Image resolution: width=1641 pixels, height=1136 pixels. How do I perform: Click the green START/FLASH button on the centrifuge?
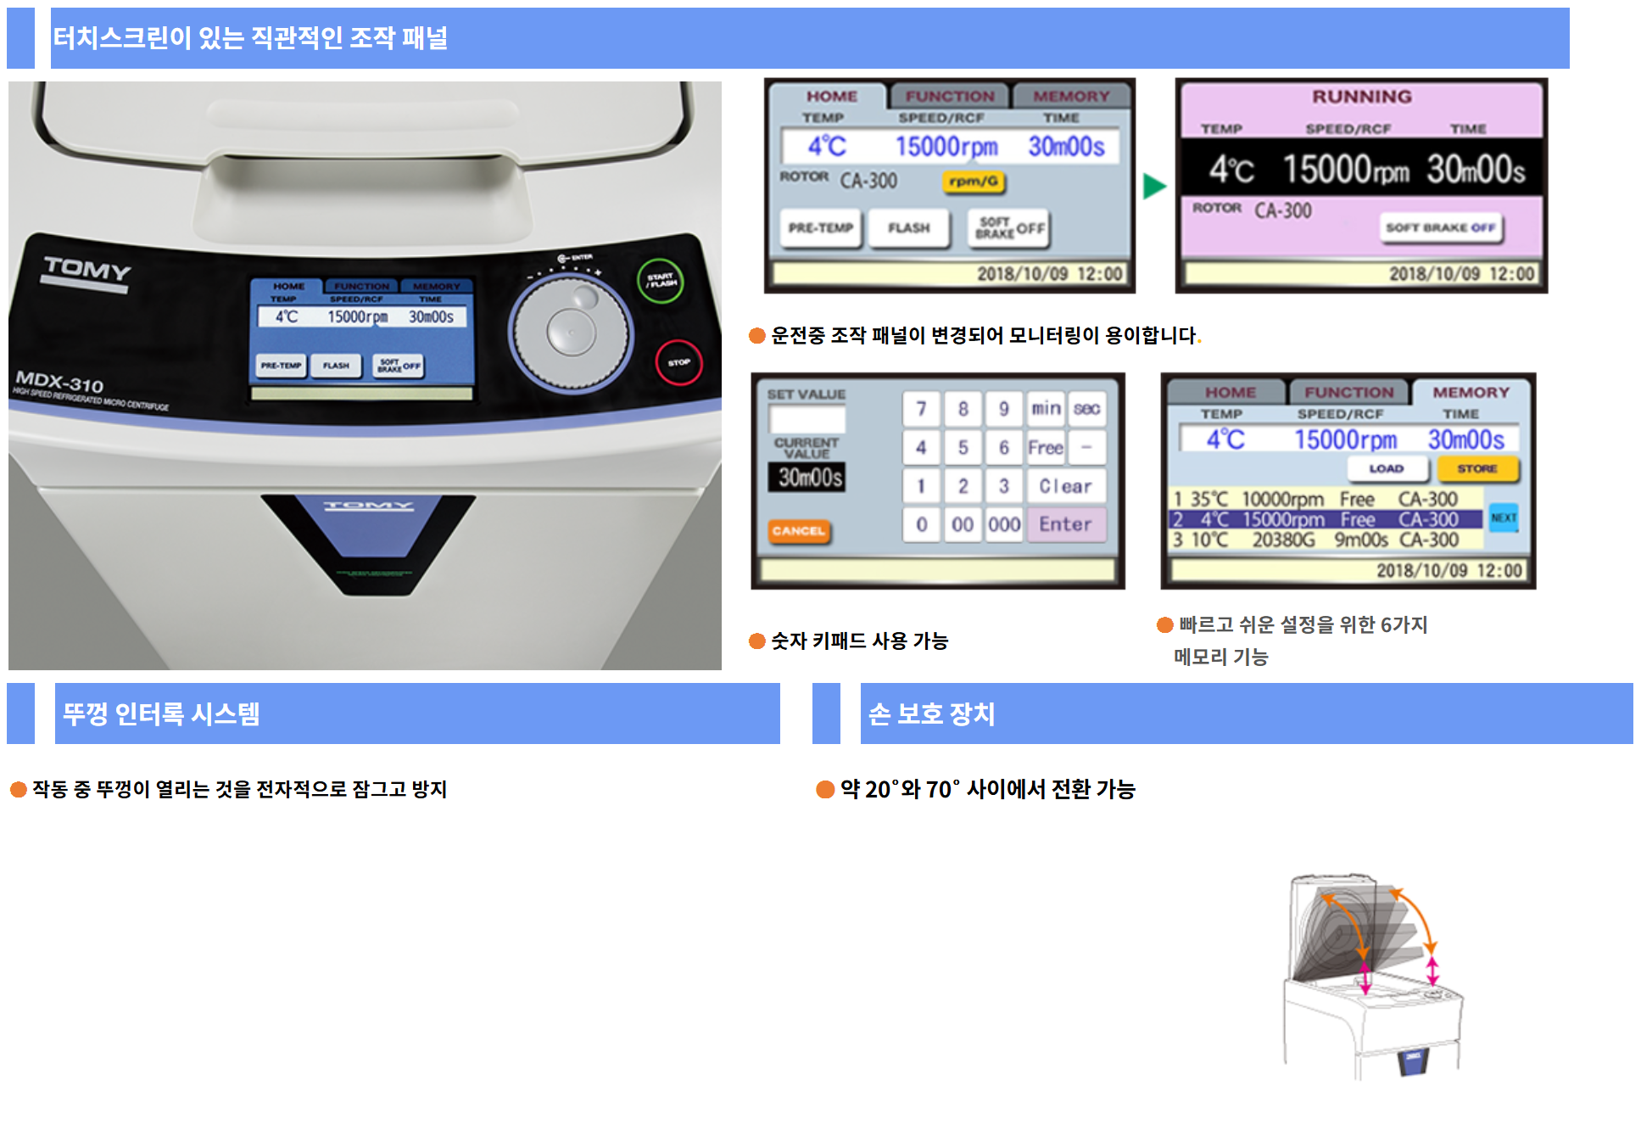[x=661, y=281]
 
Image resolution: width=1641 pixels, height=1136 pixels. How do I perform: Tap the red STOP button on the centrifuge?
[x=678, y=362]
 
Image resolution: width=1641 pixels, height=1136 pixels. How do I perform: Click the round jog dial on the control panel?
[x=571, y=333]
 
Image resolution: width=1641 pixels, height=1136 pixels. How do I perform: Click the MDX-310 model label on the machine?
[x=59, y=381]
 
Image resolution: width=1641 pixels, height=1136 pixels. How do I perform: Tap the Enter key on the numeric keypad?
[x=1065, y=524]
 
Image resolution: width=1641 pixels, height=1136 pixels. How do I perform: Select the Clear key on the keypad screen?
[x=1065, y=486]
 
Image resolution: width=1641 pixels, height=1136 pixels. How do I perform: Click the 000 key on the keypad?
[x=1004, y=524]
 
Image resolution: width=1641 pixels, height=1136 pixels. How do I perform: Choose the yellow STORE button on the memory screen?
[x=1476, y=468]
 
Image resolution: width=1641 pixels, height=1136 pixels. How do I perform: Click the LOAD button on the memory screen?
[x=1387, y=468]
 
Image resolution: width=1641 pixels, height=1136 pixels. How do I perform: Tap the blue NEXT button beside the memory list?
[x=1504, y=518]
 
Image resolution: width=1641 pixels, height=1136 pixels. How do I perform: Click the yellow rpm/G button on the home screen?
[x=973, y=181]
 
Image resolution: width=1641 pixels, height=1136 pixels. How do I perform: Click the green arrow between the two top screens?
[x=1153, y=186]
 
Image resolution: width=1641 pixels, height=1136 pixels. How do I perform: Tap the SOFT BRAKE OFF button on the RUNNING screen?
[x=1440, y=227]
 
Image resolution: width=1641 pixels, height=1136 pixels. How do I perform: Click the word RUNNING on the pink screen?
[x=1361, y=97]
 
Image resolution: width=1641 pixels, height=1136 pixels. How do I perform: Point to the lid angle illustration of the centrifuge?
[x=1370, y=976]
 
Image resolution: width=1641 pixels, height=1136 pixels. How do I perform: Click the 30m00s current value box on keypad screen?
[x=810, y=478]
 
